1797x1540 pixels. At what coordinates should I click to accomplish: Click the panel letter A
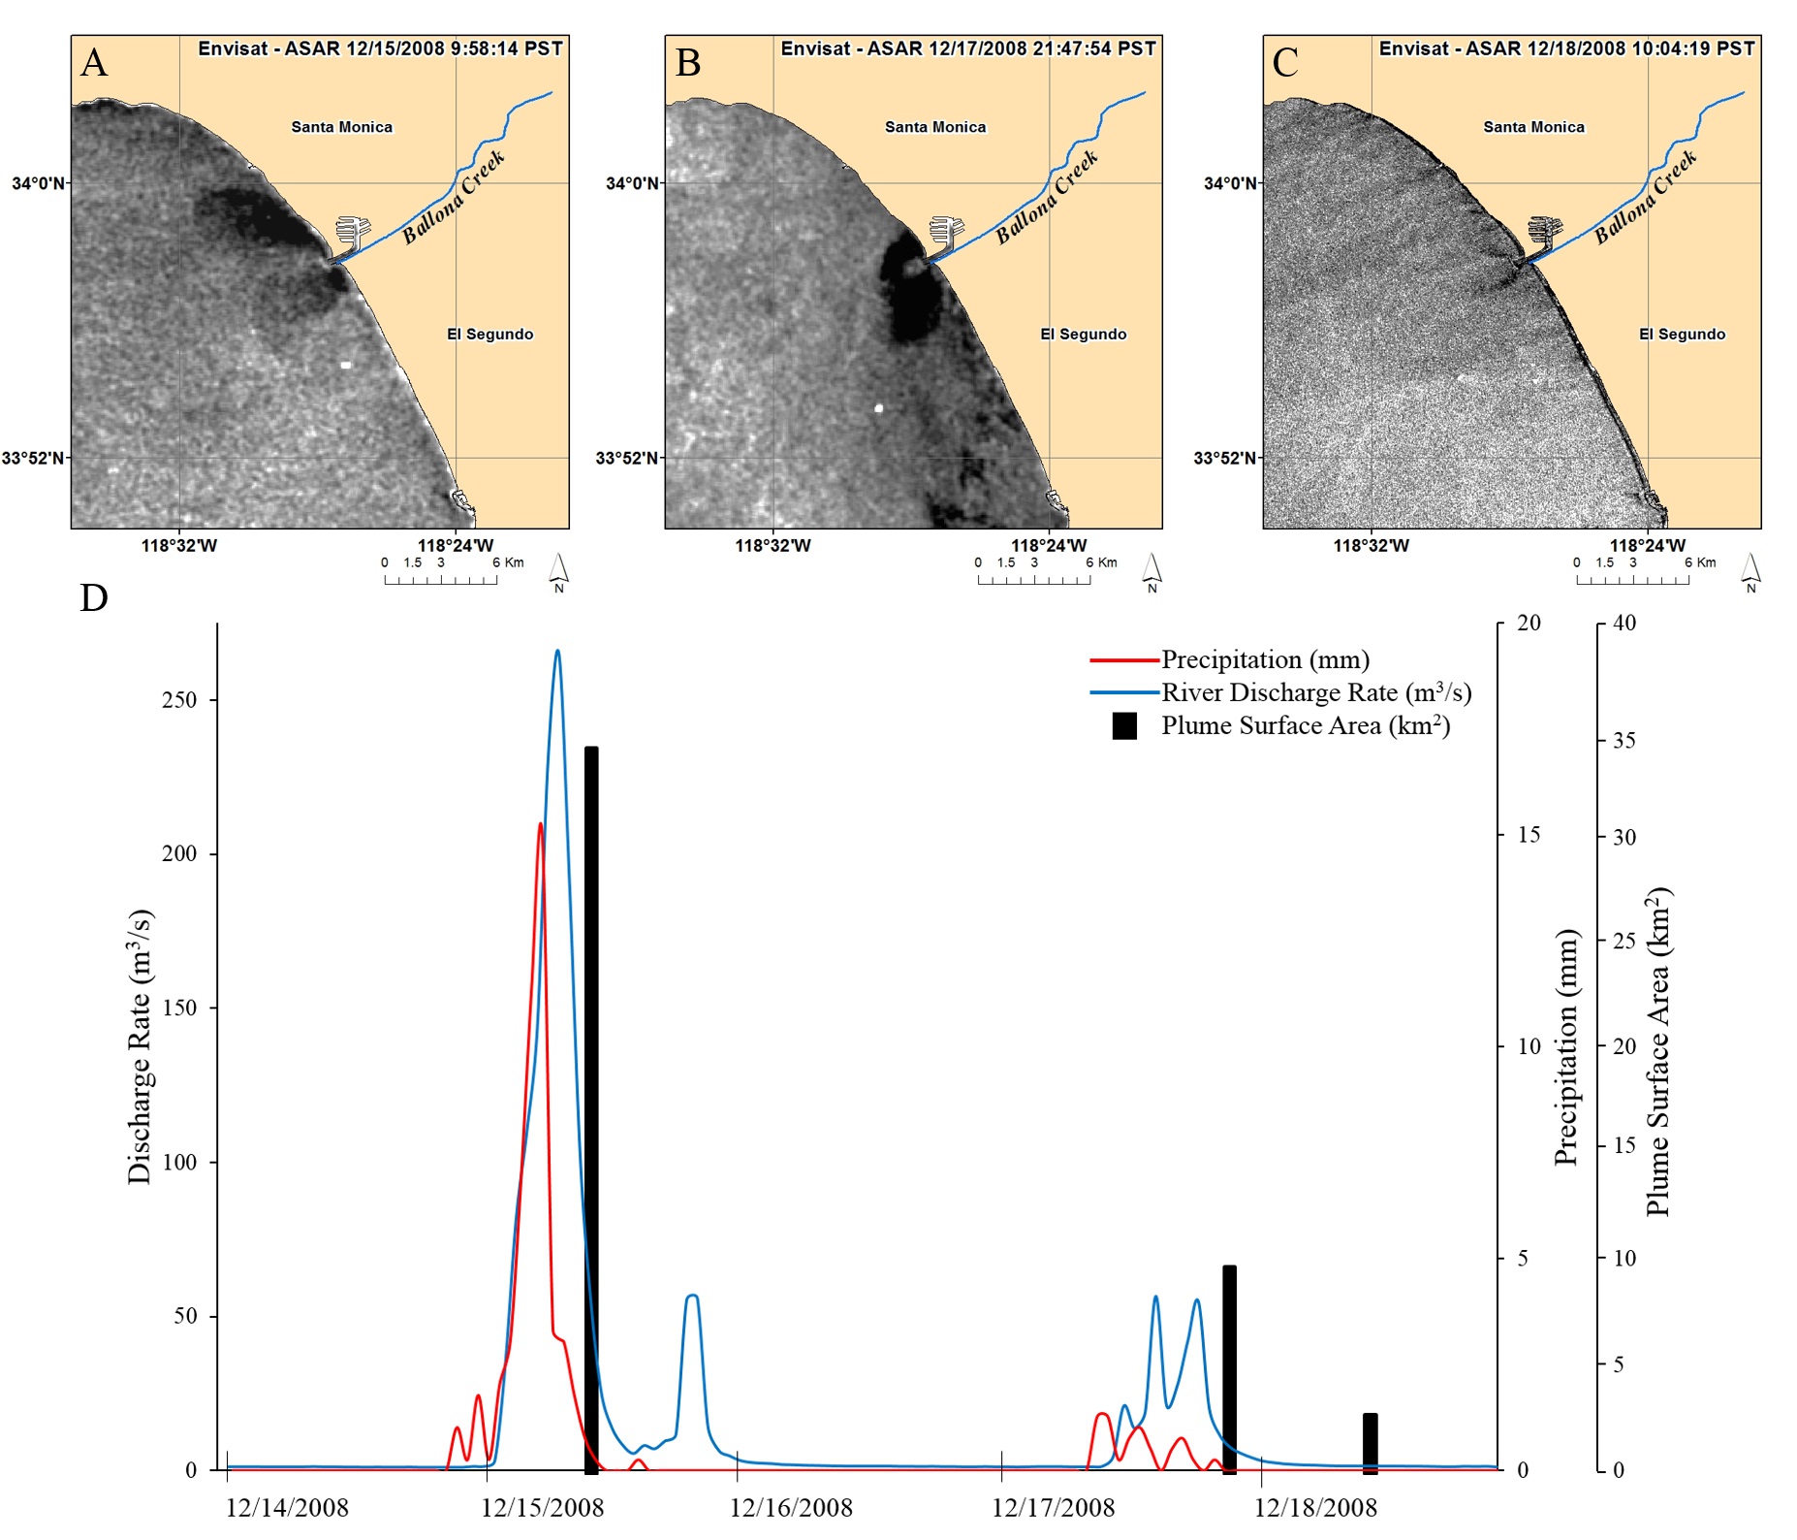coord(94,62)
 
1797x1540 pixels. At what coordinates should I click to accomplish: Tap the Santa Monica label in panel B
coord(934,127)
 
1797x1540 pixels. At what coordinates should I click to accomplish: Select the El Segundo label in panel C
coord(1682,335)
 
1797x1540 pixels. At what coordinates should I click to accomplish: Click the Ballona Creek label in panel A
coord(454,197)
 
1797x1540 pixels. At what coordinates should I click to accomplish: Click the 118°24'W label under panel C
coord(1647,546)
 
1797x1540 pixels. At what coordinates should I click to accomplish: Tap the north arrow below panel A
coord(558,572)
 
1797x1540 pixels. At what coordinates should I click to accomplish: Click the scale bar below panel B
coord(1034,578)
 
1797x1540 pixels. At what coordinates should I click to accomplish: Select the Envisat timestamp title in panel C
coord(1566,48)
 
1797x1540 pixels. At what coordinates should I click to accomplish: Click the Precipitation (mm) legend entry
coord(1265,659)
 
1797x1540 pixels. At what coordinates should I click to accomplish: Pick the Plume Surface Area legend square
coord(1124,726)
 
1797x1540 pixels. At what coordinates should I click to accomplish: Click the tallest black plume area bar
coord(591,1109)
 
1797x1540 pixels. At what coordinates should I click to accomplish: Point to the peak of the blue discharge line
coord(557,651)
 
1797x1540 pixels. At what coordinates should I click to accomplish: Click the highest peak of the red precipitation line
coord(541,823)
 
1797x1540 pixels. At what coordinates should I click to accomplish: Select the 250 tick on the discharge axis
coord(179,700)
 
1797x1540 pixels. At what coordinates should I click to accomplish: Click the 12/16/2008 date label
coord(791,1507)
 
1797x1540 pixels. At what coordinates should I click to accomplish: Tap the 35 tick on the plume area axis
coord(1624,741)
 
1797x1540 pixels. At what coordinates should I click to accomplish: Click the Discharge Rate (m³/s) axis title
coord(140,1046)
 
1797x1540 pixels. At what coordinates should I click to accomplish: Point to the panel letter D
coord(94,598)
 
